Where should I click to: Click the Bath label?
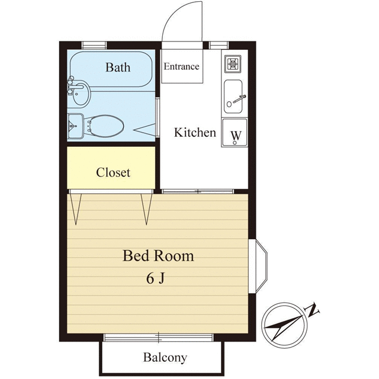(x=118, y=67)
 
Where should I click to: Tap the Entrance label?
(x=182, y=66)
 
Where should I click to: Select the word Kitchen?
(x=195, y=133)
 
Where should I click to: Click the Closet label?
(x=113, y=172)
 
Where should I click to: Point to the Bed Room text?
(x=158, y=256)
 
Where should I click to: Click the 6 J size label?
(x=155, y=278)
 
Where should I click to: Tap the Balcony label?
(x=165, y=358)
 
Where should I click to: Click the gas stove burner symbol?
(x=233, y=64)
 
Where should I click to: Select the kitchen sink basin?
(x=233, y=97)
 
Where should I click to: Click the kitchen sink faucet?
(x=239, y=99)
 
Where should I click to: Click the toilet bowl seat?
(x=106, y=126)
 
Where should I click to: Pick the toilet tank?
(x=76, y=126)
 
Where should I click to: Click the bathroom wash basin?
(x=81, y=94)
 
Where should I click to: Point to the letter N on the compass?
(x=312, y=310)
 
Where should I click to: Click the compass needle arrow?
(x=284, y=327)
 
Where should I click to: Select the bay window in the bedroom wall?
(x=258, y=266)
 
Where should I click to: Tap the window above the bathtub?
(x=94, y=45)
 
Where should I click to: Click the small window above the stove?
(x=219, y=45)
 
